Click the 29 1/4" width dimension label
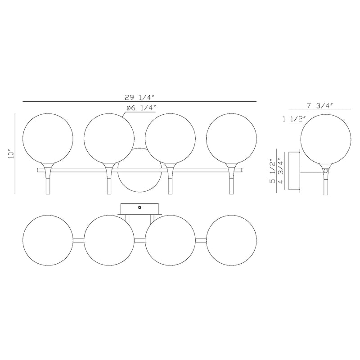[139, 97]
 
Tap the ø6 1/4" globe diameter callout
[141, 108]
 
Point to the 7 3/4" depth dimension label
[319, 106]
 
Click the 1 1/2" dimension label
[294, 119]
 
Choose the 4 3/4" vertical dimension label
[280, 171]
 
